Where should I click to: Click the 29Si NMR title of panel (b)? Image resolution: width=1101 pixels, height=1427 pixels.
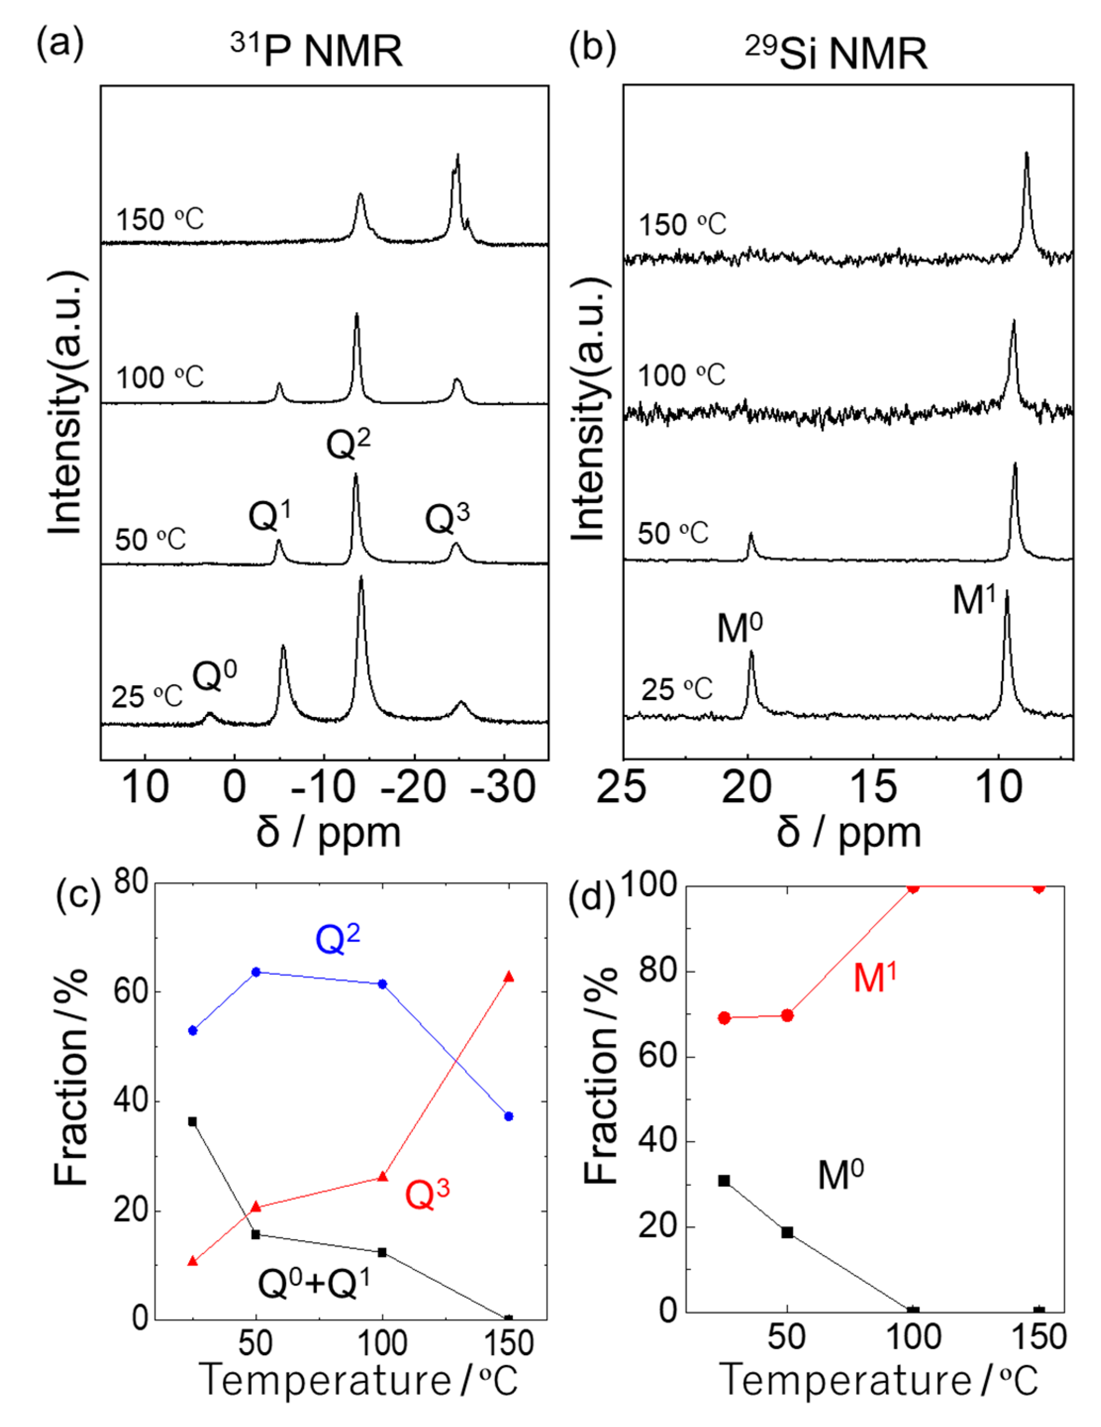[836, 52]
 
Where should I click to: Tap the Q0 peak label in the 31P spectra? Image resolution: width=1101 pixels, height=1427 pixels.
[214, 675]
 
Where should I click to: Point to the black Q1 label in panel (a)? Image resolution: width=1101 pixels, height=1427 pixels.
[270, 515]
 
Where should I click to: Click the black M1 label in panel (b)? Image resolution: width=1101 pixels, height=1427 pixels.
[974, 599]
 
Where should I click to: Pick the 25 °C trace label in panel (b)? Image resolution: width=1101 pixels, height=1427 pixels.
[676, 689]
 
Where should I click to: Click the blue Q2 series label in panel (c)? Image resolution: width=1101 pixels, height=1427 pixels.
[337, 939]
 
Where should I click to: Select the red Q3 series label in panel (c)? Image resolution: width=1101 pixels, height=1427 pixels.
[427, 1194]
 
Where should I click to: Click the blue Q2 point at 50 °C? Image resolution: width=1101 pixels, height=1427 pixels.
[256, 971]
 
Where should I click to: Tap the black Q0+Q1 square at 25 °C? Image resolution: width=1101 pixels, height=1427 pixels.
[192, 1121]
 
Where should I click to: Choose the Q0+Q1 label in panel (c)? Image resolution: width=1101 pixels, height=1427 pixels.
[314, 1282]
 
